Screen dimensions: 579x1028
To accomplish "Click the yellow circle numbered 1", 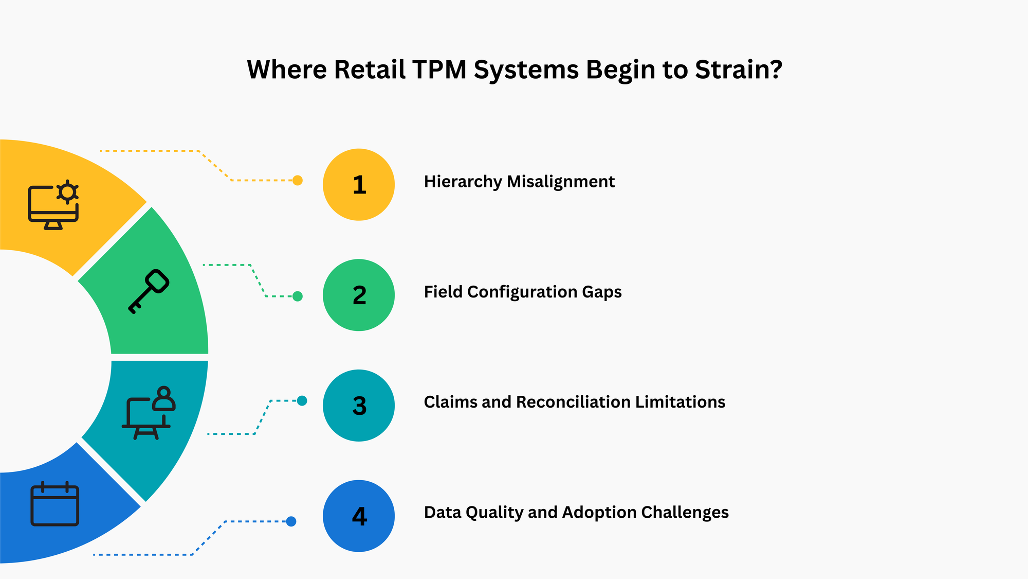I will (x=359, y=185).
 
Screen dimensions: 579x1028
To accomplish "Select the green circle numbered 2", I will (x=359, y=295).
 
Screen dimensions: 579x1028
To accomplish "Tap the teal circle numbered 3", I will (x=359, y=406).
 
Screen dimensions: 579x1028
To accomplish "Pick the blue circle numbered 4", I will (x=359, y=516).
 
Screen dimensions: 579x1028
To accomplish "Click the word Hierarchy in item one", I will (x=463, y=182).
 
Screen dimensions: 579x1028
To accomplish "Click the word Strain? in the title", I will (x=739, y=69).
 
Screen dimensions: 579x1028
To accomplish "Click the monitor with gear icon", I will (x=53, y=205).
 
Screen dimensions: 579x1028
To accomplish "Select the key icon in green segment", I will (x=149, y=291).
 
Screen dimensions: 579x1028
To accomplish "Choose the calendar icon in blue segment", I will (x=54, y=504).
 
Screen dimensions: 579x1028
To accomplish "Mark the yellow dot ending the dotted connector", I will (x=297, y=180).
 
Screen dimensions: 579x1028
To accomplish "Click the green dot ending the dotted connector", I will (x=297, y=296).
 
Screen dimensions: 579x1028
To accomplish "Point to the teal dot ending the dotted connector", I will (x=302, y=400).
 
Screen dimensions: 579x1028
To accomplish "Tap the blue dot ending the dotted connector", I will (x=291, y=521).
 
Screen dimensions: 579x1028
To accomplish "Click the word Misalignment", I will (x=561, y=182).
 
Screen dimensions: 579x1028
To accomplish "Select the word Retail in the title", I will (x=370, y=69).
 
